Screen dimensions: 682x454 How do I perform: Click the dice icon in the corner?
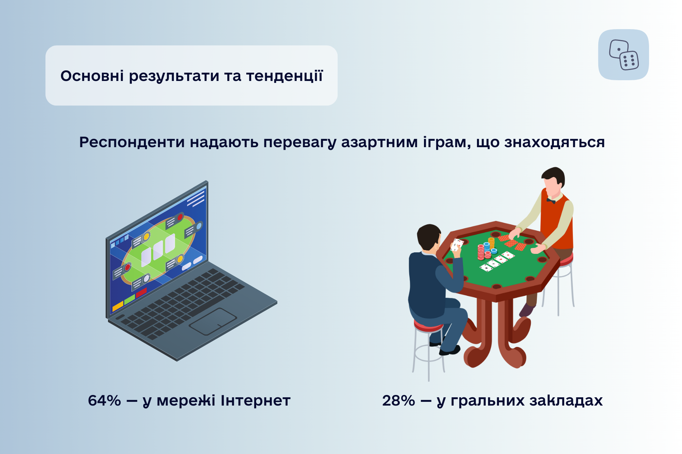(624, 55)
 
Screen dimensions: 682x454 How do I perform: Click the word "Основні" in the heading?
(92, 76)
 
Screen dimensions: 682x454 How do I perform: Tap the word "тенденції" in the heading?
(285, 76)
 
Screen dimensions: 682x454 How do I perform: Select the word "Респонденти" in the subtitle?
(132, 142)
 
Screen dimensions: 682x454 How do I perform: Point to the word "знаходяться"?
(554, 142)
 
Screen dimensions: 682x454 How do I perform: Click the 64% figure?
(105, 401)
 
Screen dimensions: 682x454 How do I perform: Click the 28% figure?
(399, 401)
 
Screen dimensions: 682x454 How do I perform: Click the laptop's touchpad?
(213, 321)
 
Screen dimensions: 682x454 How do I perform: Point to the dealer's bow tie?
(551, 201)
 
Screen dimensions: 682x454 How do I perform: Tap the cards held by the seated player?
(457, 245)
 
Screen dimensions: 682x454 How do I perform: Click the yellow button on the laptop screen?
(118, 305)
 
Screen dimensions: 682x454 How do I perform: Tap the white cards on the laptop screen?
(158, 250)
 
